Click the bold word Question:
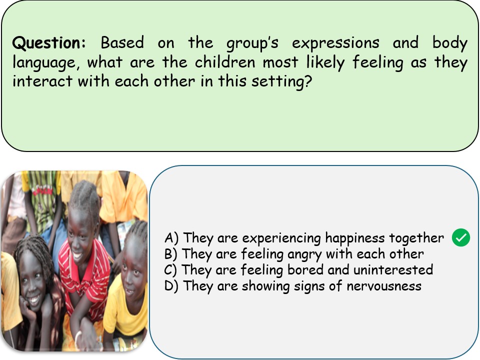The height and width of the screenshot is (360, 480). click(49, 42)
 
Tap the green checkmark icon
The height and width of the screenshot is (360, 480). click(460, 237)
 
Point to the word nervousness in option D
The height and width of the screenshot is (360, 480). click(384, 286)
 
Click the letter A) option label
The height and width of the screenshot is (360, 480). click(171, 238)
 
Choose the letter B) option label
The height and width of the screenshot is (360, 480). click(171, 254)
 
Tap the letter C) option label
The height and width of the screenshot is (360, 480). click(170, 270)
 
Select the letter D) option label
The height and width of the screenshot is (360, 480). click(171, 286)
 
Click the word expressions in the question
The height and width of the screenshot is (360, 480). click(335, 43)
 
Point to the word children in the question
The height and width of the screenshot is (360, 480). click(225, 62)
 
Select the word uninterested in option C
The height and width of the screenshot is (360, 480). click(393, 269)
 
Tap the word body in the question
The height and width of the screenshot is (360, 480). click(449, 43)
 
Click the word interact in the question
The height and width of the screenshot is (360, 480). click(42, 81)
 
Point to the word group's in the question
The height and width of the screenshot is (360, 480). click(252, 43)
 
